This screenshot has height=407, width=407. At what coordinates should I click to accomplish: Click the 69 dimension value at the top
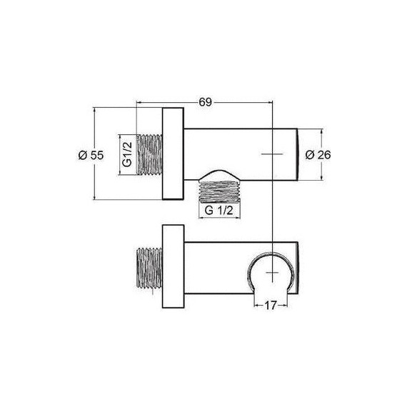[x=206, y=103]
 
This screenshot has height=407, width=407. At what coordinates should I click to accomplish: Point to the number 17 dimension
[x=270, y=303]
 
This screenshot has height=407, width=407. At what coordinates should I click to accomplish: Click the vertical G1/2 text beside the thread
[x=126, y=154]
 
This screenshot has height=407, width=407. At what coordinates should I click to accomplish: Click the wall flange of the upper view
[x=174, y=154]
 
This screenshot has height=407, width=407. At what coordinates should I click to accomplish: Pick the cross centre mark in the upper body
[x=272, y=153]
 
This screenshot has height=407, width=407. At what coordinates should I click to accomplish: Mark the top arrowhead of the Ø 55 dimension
[x=97, y=111]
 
